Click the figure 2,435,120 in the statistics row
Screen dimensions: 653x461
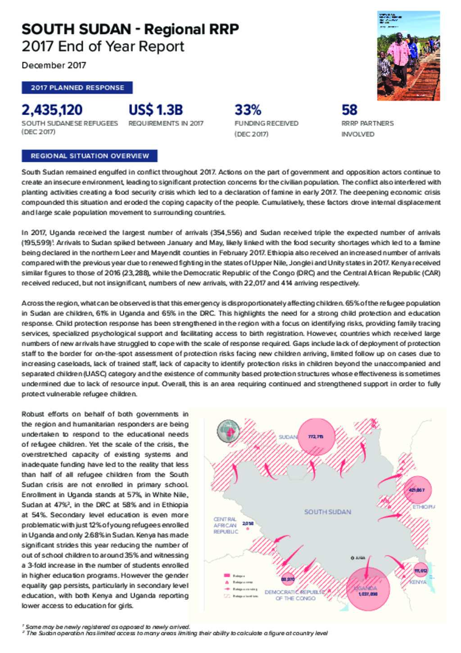52,110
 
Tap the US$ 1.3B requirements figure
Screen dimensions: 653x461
155,110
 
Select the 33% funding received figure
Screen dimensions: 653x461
248,110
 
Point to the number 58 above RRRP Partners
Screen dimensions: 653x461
349,110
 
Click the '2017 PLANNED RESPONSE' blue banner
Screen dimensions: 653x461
77,87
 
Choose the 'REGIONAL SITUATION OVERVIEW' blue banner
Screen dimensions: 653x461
90,156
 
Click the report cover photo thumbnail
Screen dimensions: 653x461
408,55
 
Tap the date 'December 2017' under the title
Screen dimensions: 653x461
54,65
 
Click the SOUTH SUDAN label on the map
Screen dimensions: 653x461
327,512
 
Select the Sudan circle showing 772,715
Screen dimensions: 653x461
316,436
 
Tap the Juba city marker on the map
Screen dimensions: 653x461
353,558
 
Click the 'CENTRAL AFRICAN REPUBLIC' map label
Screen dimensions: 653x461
225,525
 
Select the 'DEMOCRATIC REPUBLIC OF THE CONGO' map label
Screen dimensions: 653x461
295,595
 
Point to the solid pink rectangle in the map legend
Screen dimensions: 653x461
227,575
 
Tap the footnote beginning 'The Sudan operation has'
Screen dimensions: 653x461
176,633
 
